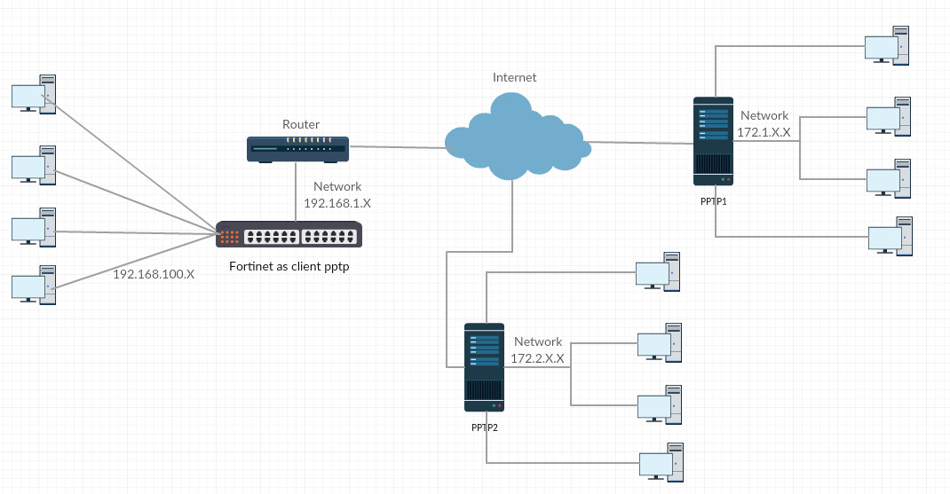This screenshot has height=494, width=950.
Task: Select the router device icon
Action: (297, 149)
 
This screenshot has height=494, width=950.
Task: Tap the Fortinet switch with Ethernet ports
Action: (289, 235)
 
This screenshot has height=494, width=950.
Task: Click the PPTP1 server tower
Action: (714, 141)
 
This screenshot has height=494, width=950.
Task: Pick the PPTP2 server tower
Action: (484, 367)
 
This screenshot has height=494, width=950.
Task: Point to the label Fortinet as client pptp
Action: (289, 266)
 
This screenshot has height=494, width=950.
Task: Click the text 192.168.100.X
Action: (154, 274)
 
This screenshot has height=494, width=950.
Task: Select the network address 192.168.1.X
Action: (337, 203)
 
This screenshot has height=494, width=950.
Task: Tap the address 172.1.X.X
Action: (764, 132)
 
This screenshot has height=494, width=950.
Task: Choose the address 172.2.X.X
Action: (537, 358)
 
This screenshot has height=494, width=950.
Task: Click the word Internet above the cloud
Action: (515, 77)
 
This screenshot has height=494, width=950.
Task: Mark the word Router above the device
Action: (301, 124)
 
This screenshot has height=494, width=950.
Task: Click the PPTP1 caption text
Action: (714, 201)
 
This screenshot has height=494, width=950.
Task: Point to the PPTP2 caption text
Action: (485, 427)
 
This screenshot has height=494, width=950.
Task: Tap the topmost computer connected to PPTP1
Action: (890, 45)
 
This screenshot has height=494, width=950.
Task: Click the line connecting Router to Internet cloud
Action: (397, 146)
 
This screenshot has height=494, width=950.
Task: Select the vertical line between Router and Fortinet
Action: (297, 192)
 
